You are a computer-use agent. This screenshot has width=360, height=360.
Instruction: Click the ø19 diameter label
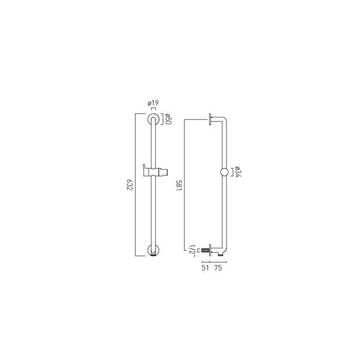pyautogui.click(x=153, y=103)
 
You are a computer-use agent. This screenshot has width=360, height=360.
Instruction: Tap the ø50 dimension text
pyautogui.click(x=168, y=119)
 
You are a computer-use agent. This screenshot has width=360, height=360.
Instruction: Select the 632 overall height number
pyautogui.click(x=130, y=185)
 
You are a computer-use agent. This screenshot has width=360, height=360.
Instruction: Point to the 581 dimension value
pyautogui.click(x=179, y=185)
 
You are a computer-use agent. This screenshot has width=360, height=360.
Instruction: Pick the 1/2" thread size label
pyautogui.click(x=192, y=250)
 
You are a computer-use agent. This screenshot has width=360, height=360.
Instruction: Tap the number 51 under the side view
pyautogui.click(x=205, y=268)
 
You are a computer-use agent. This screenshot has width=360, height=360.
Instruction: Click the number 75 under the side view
pyautogui.click(x=218, y=268)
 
